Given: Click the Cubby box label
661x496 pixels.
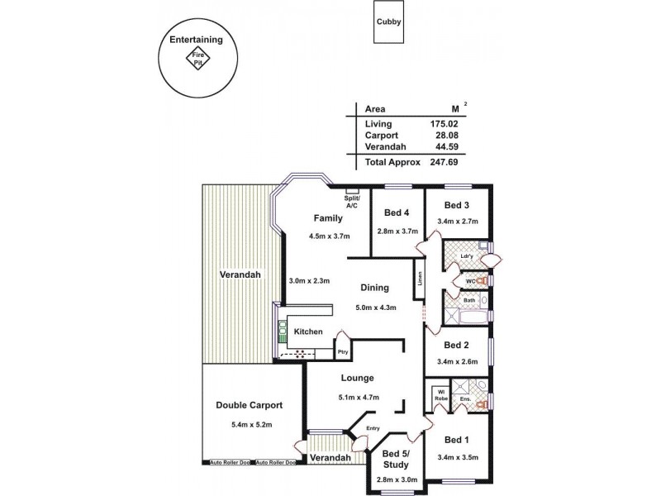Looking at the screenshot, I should click(x=388, y=22).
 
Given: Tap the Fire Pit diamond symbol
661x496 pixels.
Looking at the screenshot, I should click(x=198, y=59).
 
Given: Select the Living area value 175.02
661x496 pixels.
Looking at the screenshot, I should click(x=444, y=124).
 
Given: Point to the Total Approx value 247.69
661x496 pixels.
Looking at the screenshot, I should click(x=444, y=162).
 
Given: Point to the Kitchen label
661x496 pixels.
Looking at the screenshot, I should click(x=309, y=331).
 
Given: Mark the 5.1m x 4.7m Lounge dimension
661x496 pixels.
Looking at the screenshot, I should click(x=358, y=398).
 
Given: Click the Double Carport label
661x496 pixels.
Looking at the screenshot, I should click(x=250, y=406).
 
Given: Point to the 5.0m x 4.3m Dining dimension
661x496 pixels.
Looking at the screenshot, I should click(x=376, y=308).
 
